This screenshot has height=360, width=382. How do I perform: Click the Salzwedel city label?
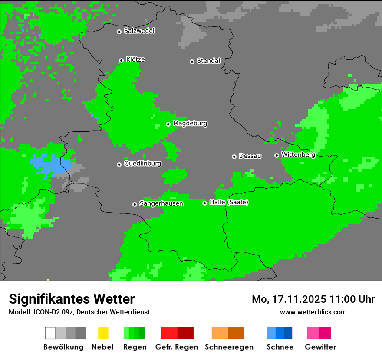coord(139,31)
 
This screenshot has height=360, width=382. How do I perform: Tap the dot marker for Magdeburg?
coord(168,124)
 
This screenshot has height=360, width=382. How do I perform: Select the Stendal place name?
coord(208,61)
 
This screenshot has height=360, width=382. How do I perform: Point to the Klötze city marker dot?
coord(121,60)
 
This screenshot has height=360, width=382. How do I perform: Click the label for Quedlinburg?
coord(142,164)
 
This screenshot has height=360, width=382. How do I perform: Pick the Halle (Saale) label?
coord(229,203)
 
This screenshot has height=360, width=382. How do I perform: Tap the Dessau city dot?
coord(234,157)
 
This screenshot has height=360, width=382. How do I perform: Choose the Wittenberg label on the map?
coord(298,155)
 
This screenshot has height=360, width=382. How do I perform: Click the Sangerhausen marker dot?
coord(135,204)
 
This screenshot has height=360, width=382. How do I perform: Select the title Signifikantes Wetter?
coord(72,299)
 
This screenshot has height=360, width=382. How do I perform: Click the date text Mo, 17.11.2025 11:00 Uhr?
coord(313,299)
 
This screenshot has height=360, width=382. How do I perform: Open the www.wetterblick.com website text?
coord(313,312)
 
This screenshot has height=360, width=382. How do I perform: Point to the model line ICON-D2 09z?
coord(79,312)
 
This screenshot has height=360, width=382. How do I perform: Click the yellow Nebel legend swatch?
coord(103,333)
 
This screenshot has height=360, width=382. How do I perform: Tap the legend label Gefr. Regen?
coord(177,347)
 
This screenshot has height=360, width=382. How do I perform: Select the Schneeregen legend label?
coord(229,347)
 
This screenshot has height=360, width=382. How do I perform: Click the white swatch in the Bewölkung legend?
coord(50,333)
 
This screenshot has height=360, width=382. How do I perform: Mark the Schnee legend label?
coord(280,347)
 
